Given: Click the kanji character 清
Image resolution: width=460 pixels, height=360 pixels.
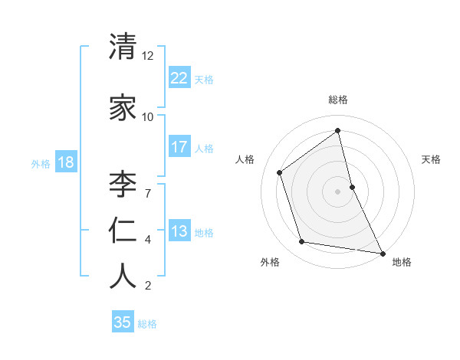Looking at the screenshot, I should coord(123,48).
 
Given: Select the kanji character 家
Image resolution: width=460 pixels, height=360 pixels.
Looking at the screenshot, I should coord(123,108).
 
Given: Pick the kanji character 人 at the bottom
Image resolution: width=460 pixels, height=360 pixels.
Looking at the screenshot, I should coord(123,277).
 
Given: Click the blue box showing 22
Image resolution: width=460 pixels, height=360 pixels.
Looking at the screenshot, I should coord(179,77).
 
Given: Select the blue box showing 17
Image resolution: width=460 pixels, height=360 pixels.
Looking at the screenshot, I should coord(179,147).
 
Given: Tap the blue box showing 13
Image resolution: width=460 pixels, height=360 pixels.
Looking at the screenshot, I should coord(179,231).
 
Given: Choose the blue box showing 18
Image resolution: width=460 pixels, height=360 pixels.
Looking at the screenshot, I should coord(65,162).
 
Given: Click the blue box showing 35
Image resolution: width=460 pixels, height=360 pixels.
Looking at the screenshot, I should coord(123,322).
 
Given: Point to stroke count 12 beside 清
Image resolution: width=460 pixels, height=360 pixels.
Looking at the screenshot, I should coord(147,57).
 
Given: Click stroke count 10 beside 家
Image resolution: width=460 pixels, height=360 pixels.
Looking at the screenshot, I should coord(147,116).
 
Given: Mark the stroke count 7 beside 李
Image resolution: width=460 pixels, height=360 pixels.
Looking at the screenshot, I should coord(147,192).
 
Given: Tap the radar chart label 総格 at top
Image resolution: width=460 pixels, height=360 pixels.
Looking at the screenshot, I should coord(338,100).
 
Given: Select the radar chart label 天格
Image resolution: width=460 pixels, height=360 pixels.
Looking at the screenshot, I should coord(432,159).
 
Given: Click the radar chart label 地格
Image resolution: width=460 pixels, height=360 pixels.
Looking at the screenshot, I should coord(402,262).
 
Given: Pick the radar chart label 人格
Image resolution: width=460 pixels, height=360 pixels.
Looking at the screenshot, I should coord(245,159).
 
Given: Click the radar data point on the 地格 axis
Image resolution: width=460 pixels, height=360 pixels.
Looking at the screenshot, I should coord(382,252).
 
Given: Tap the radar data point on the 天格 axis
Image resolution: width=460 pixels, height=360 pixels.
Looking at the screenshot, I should coord(352,186).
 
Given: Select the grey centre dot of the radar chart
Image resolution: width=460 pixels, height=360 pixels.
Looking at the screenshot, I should coord(338,191).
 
